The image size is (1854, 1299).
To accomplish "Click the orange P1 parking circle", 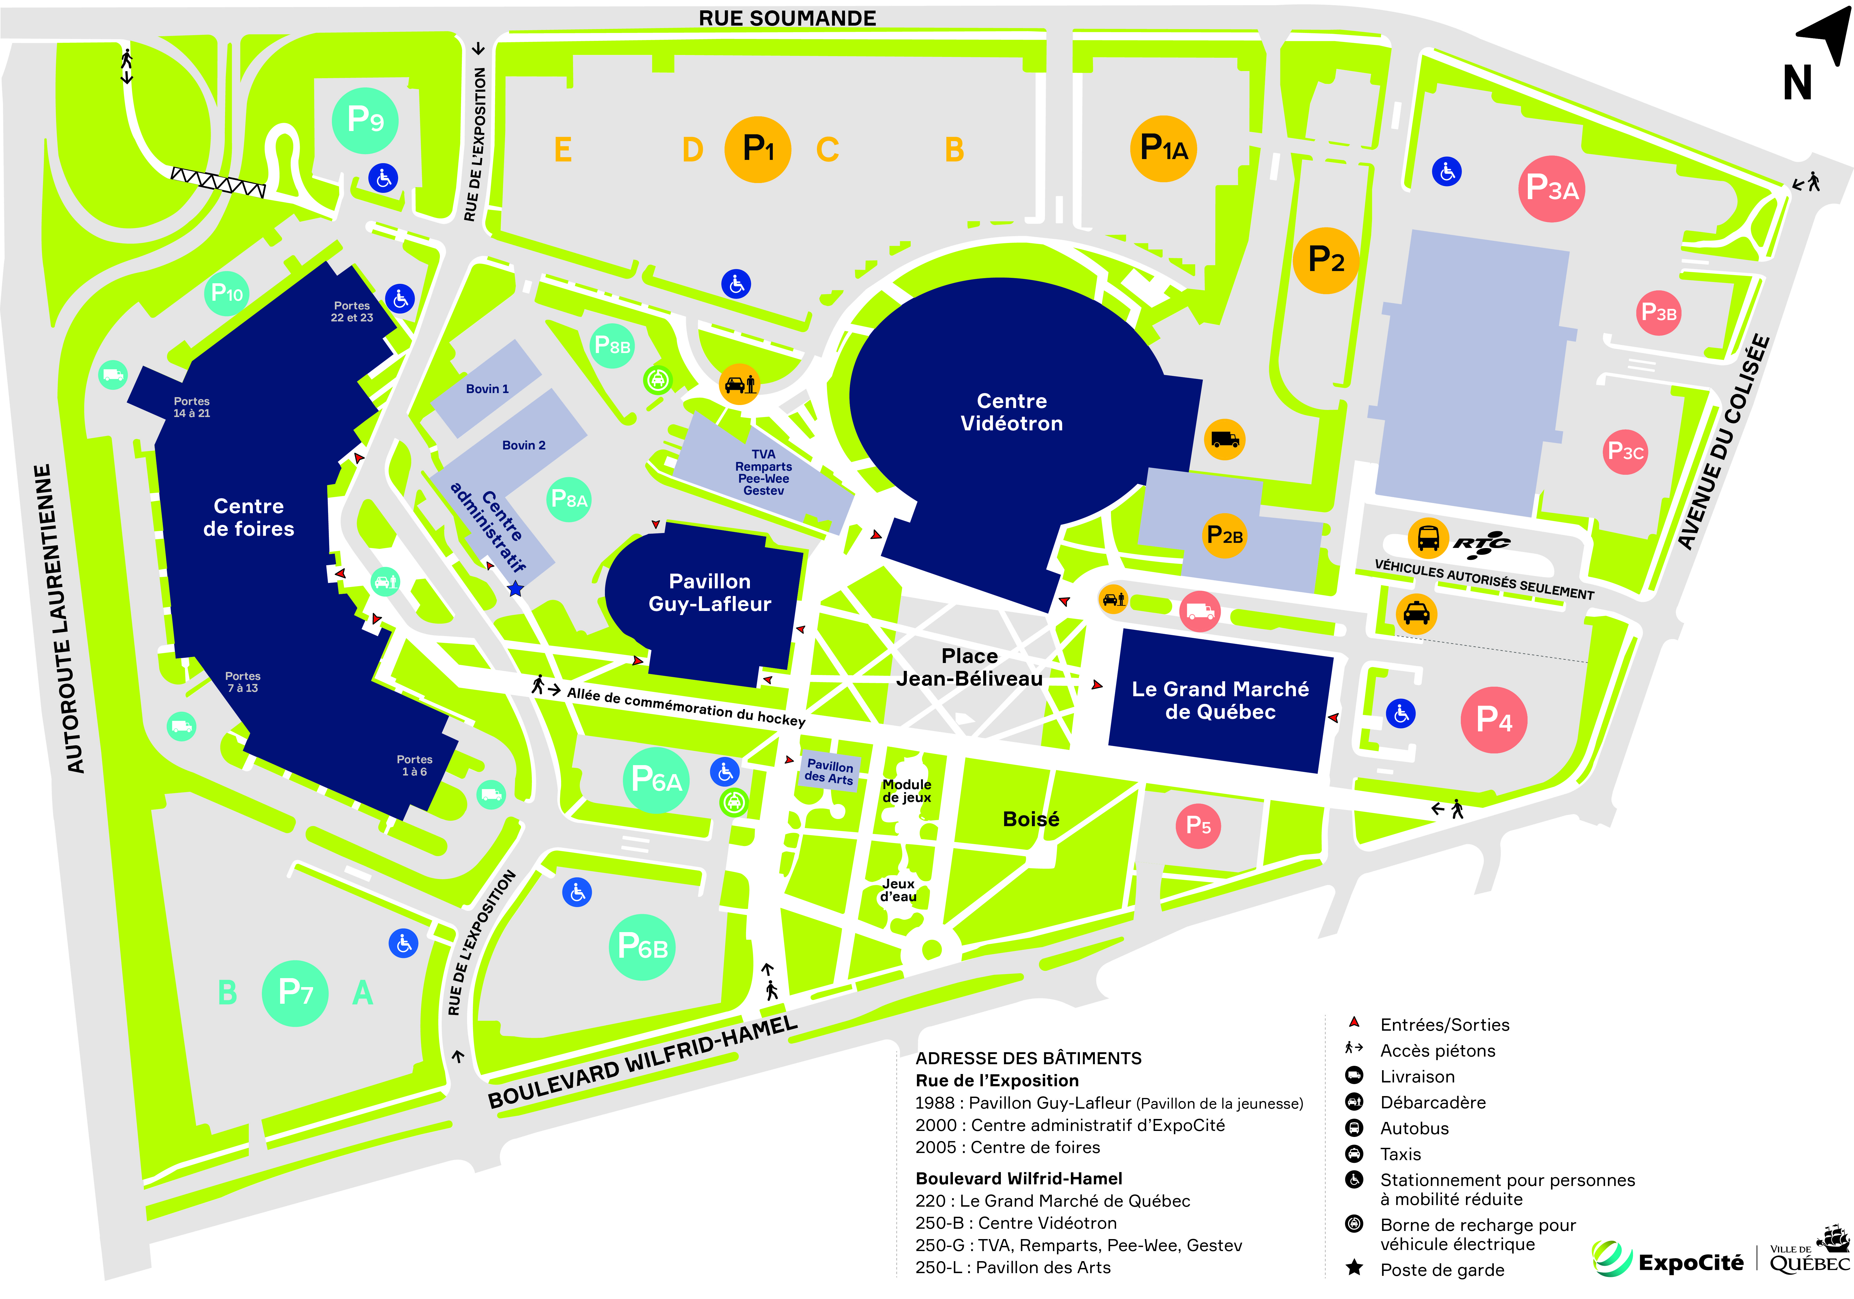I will (758, 149).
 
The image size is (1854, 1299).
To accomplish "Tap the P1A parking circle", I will (1163, 148).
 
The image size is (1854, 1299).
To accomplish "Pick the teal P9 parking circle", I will (365, 120).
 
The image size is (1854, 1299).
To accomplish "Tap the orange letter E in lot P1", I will (563, 150).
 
